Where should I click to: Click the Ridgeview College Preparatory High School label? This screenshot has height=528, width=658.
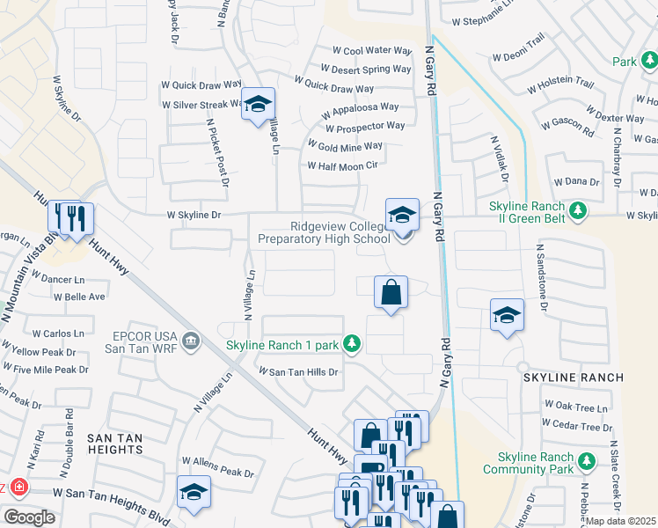[x=324, y=232]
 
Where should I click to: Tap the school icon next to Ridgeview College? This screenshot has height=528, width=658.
[x=401, y=215]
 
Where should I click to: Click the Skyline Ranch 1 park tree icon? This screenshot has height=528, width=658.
[x=352, y=342]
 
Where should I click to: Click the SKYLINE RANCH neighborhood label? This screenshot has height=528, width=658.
[x=573, y=378]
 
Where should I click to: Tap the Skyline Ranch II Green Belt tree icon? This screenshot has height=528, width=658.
[x=578, y=210]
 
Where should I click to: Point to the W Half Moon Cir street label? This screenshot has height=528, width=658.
[x=342, y=165]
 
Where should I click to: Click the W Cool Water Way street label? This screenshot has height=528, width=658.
[x=371, y=51]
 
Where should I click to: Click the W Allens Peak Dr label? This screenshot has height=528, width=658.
[x=216, y=460]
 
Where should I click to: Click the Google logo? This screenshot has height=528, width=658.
[x=29, y=517]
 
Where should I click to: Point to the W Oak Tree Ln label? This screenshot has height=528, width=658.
[x=577, y=407]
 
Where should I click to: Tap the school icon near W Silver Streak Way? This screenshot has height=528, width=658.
[x=258, y=106]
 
